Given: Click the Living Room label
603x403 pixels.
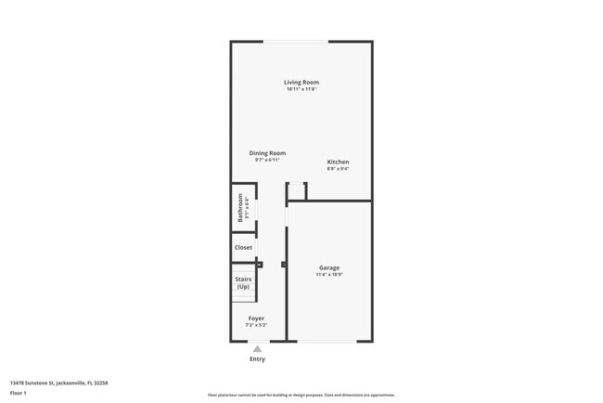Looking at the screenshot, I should (301, 83).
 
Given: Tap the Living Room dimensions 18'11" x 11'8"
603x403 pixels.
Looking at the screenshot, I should (301, 89).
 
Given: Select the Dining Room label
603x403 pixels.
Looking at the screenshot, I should (267, 153).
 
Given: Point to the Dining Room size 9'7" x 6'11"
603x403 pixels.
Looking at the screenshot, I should (267, 160).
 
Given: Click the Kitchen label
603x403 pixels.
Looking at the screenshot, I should (338, 162).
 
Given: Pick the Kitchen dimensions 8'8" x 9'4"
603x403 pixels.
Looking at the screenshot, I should (338, 168).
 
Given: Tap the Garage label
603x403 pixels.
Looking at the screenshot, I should (329, 267).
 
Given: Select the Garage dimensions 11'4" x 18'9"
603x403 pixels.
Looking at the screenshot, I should (329, 274).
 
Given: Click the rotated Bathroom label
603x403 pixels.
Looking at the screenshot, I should (240, 207).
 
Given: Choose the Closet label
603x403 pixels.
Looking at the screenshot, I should (243, 248).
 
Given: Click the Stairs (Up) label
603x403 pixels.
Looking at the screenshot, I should (243, 282).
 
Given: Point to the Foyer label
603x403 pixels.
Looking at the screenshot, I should (256, 318).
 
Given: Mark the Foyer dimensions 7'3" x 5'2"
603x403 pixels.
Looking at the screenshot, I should (256, 325).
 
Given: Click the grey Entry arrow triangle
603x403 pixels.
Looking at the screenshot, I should (257, 349).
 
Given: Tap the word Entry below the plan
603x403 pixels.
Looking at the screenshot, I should (257, 358).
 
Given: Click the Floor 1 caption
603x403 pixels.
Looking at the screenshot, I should (19, 393).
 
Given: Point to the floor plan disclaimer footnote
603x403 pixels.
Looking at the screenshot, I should (301, 395).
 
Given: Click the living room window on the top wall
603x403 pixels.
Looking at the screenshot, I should (295, 41).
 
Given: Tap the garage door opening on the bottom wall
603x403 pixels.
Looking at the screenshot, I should (327, 342).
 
